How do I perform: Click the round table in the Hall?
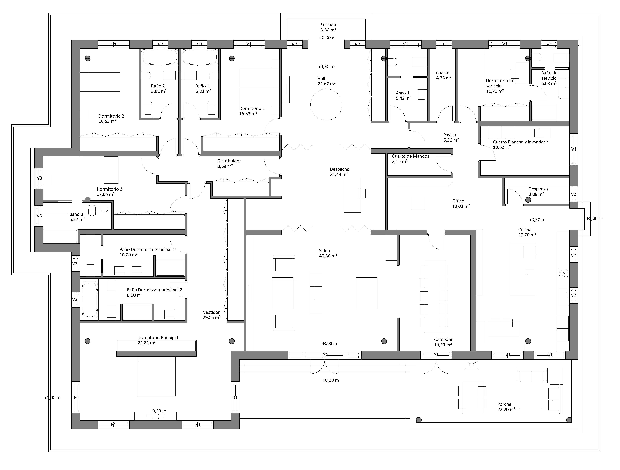(326, 105)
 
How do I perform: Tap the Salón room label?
(325, 251)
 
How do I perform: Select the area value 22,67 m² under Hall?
(327, 84)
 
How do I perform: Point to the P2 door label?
(325, 355)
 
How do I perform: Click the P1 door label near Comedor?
(436, 355)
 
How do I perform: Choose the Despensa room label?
(538, 189)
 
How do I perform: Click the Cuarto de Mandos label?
(411, 156)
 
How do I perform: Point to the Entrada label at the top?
(328, 25)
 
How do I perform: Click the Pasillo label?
(450, 135)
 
